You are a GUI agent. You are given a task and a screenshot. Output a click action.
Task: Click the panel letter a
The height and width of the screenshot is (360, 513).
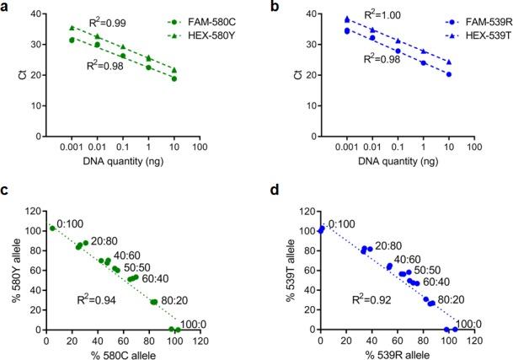tap(5, 8)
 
